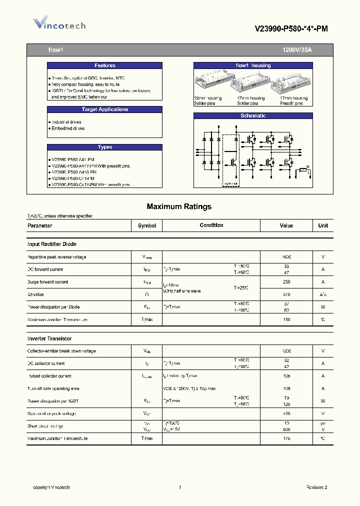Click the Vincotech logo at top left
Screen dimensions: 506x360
coord(59,24)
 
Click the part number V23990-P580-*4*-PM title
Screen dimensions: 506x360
coord(291,29)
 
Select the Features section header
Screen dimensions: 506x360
coord(104,65)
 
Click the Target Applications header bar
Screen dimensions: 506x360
coord(104,109)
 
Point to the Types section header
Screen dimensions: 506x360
coord(104,147)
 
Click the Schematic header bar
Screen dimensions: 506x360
coord(253,115)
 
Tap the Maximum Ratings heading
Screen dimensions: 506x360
coord(179,206)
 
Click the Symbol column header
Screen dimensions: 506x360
coord(147,225)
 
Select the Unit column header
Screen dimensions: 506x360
coord(323,225)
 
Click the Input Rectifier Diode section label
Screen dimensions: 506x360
coord(52,244)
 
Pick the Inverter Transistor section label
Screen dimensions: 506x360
coord(49,338)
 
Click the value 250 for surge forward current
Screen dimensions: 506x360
coord(286,282)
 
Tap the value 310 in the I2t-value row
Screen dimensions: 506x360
coord(286,294)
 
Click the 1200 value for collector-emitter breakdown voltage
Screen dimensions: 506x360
coord(286,351)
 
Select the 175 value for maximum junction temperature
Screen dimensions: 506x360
coord(286,438)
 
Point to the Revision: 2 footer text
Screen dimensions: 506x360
coord(316,487)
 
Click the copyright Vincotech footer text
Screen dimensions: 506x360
coord(51,487)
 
